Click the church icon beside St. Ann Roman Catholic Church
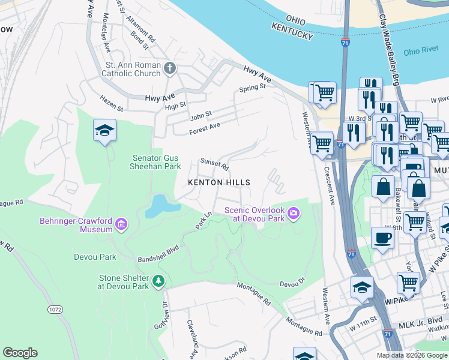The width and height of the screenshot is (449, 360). pos(170,68)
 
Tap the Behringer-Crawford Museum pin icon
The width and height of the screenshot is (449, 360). pos(122,225)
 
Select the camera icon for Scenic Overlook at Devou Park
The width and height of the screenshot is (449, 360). pos(294,213)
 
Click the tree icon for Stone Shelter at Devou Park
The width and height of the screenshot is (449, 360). pos(158,281)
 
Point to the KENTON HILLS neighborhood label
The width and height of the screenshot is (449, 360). pos(218,182)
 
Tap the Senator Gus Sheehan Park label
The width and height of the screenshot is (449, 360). pos(156,162)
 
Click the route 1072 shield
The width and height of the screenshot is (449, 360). pos(55,310)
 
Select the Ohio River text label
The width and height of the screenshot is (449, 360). pos(420,52)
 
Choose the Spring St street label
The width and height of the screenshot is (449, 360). pos(252,88)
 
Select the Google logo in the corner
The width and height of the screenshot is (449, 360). pos(20,353)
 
